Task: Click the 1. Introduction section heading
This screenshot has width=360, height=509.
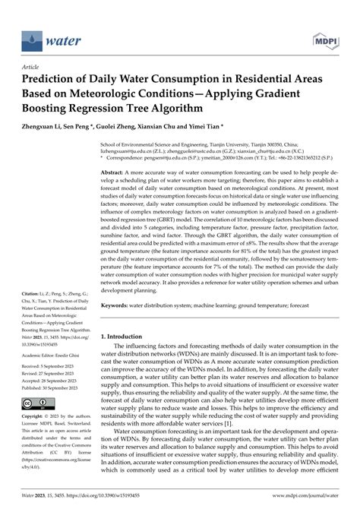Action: coord(131,335)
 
